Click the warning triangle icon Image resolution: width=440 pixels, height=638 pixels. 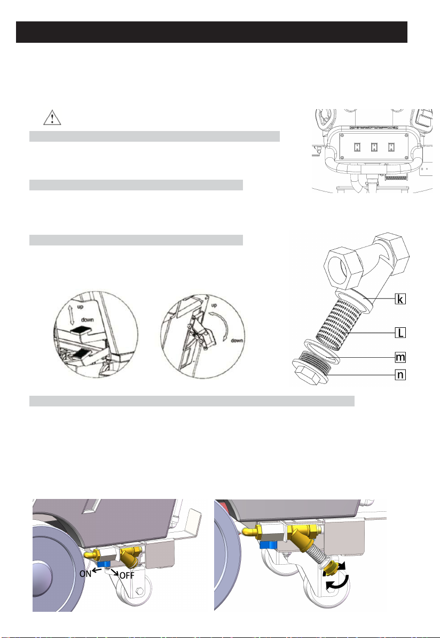pos(52,118)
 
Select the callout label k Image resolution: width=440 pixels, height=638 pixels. pos(400,299)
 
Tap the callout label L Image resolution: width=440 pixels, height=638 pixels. pos(400,333)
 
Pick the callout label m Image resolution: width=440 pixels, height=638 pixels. pos(400,357)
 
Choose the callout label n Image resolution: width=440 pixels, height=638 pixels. pos(400,374)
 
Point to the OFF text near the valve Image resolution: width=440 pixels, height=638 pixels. pos(127,576)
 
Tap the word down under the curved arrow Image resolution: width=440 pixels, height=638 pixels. pos(237,341)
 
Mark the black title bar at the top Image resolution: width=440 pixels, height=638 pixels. pos(211,32)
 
